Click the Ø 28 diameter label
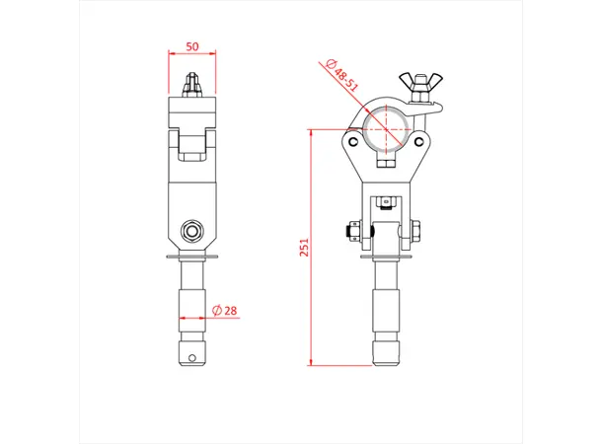point(225,311)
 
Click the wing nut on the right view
point(418,82)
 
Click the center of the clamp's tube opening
point(386,129)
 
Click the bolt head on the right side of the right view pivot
point(418,233)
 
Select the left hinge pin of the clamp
point(351,141)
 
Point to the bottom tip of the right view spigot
point(386,362)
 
